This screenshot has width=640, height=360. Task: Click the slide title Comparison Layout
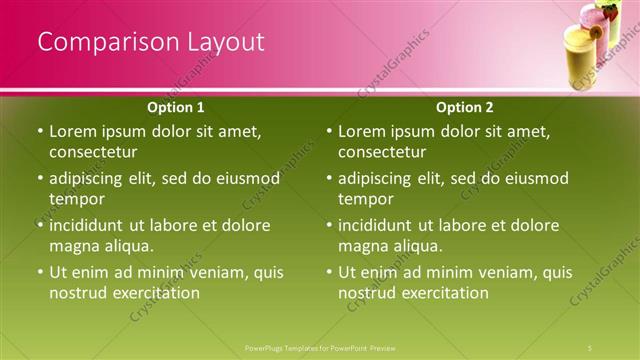(151, 42)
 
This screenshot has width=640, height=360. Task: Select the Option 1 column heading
(176, 107)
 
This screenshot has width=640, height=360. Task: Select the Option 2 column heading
(465, 107)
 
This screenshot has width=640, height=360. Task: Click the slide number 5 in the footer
(590, 348)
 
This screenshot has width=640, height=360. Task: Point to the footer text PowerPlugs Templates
(290, 348)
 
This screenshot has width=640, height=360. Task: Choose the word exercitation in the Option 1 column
(155, 293)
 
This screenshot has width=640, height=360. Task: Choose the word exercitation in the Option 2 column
(444, 293)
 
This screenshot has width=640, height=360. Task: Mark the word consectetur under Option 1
(93, 152)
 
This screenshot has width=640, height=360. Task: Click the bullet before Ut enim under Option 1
(40, 272)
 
